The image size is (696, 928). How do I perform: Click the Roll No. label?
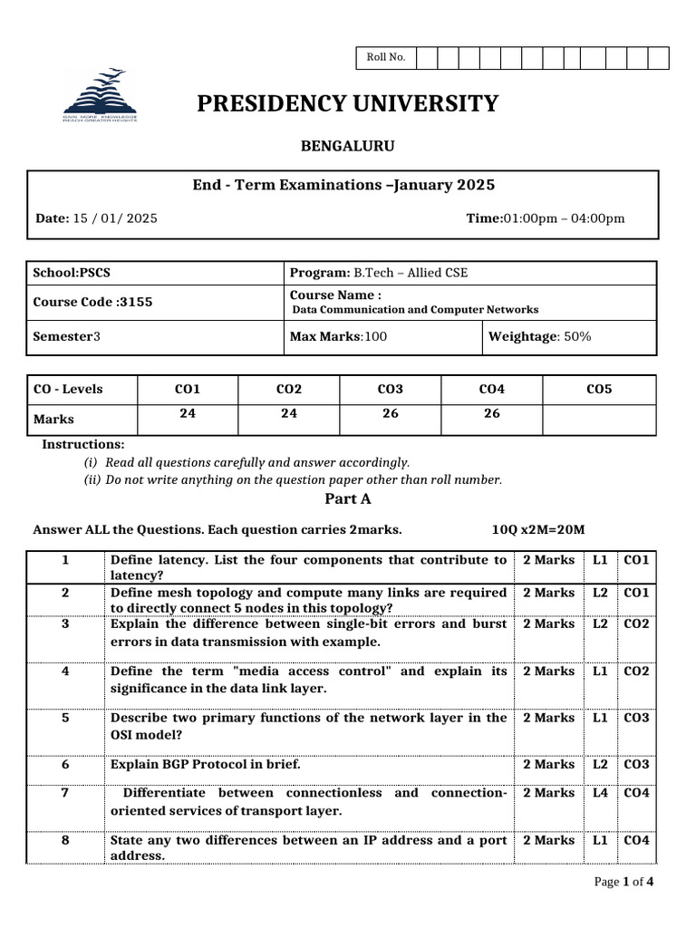coord(385,58)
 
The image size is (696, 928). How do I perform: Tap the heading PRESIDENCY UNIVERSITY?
coord(348,104)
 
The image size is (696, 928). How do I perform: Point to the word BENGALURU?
coord(347,146)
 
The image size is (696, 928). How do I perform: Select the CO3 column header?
coord(390,390)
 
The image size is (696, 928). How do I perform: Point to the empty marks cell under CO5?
coord(599,419)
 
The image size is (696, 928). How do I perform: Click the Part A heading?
coord(348,498)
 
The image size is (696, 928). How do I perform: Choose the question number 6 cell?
coord(65,764)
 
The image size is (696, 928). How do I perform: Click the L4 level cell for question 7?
coord(600,793)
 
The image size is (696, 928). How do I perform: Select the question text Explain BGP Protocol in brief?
coord(205,764)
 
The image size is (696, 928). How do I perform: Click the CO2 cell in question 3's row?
coord(636,624)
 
